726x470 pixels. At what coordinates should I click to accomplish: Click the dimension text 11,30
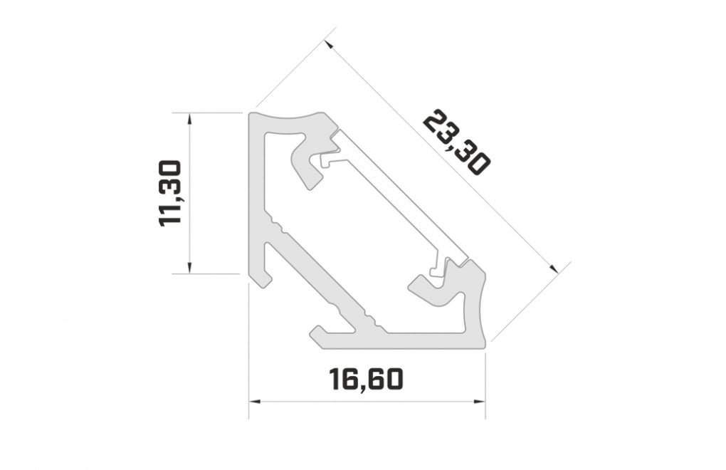coord(171,193)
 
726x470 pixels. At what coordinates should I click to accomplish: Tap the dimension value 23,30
coord(456,143)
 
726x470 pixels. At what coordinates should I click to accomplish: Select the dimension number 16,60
coord(367,380)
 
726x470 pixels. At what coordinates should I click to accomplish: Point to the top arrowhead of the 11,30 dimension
coord(189,117)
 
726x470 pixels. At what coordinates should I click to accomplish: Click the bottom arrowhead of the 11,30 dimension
coord(189,268)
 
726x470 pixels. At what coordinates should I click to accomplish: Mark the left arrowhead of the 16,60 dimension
coord(253,402)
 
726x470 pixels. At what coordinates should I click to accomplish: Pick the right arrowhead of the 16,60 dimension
coord(480,402)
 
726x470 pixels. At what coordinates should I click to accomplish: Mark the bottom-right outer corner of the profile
coord(484,347)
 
